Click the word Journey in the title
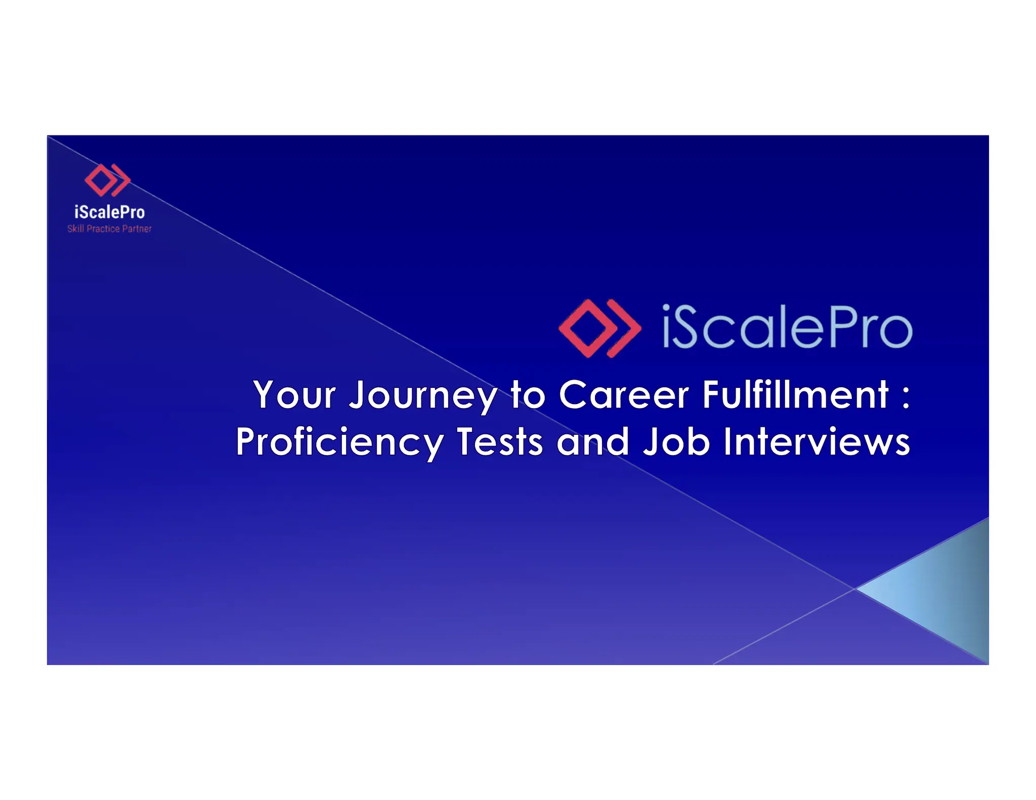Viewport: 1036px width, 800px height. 423,395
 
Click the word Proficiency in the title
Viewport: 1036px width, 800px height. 339,442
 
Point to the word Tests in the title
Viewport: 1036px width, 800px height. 500,442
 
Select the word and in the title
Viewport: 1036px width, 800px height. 593,442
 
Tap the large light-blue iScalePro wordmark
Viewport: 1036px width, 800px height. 787,327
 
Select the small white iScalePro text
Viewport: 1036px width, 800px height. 109,212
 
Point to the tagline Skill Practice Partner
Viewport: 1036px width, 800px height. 109,229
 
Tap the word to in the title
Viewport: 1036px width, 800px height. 528,395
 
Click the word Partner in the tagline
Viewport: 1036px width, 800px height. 137,229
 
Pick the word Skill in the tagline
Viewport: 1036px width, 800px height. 75,229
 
